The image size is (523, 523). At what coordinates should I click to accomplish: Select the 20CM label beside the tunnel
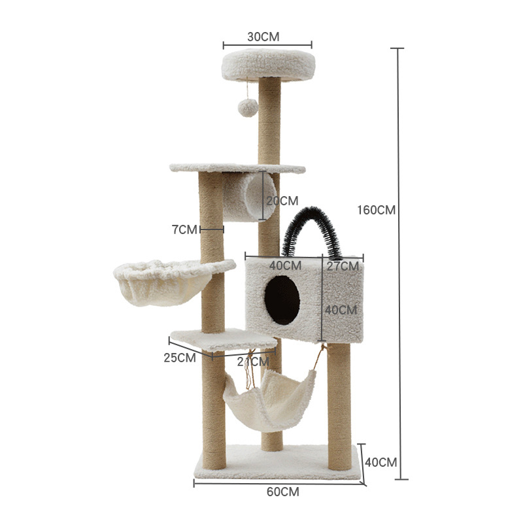[282, 200]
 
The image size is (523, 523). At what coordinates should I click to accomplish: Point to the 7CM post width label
[184, 229]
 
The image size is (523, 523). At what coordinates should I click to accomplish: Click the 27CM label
[343, 266]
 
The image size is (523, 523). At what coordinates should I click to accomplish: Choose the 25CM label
[179, 358]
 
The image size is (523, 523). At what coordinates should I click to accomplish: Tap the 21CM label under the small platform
[253, 361]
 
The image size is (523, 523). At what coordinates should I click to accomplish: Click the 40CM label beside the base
[380, 462]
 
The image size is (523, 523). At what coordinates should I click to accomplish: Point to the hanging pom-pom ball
[246, 108]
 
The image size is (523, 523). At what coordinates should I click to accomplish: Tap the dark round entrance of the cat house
[282, 299]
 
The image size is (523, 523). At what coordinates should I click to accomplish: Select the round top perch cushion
[268, 65]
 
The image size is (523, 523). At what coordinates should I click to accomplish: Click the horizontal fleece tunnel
[249, 196]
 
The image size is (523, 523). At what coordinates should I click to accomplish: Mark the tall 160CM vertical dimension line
[399, 261]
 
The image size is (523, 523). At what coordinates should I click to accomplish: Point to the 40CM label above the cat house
[285, 266]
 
